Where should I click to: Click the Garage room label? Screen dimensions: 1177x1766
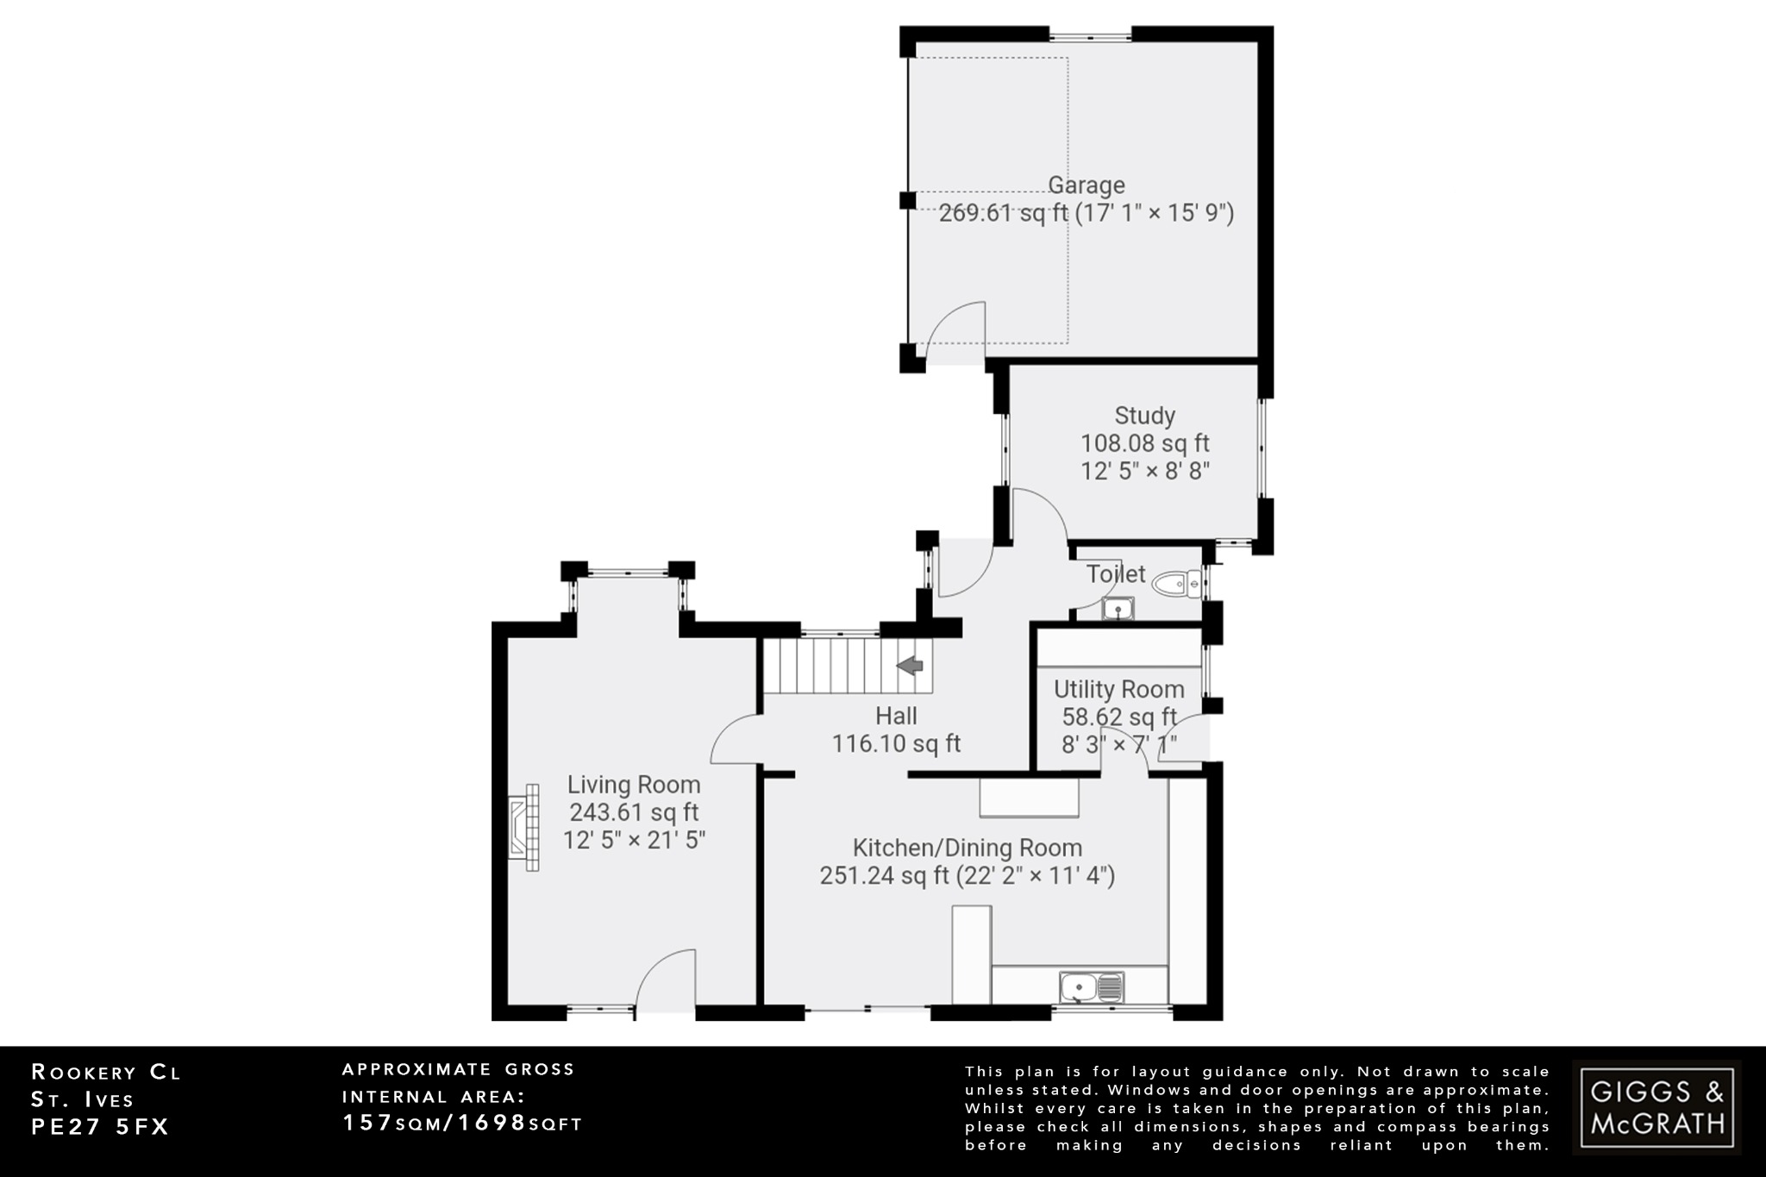pyautogui.click(x=1086, y=185)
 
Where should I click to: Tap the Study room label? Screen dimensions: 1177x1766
pyautogui.click(x=1144, y=416)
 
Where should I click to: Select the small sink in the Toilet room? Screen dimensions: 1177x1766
pyautogui.click(x=1118, y=610)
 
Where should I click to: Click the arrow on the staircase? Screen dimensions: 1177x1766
pyautogui.click(x=911, y=666)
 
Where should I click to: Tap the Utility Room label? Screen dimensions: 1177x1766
pyautogui.click(x=1118, y=690)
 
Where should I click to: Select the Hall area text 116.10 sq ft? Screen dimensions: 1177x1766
pyautogui.click(x=896, y=744)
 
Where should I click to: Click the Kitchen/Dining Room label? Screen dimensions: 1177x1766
pyautogui.click(x=967, y=848)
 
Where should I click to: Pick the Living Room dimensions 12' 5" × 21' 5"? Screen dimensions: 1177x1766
pyautogui.click(x=634, y=840)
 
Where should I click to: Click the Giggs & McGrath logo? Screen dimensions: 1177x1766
pyautogui.click(x=1656, y=1107)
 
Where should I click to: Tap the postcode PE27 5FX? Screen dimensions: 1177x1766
pyautogui.click(x=100, y=1127)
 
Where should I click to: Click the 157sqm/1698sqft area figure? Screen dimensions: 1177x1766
pyautogui.click(x=462, y=1123)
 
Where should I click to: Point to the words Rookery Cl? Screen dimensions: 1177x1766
pyautogui.click(x=106, y=1073)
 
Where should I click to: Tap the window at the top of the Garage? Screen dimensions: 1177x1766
pyautogui.click(x=1090, y=36)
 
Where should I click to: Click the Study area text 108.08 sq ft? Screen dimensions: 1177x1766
pyautogui.click(x=1144, y=443)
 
